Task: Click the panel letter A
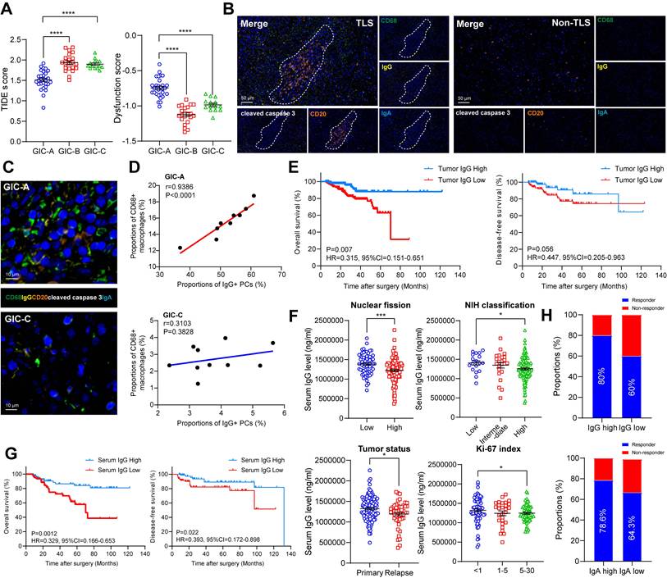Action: tap(11, 10)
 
